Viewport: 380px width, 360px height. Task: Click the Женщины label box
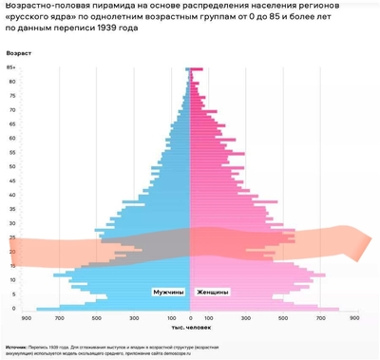click(x=213, y=292)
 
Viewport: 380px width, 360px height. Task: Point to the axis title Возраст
click(x=19, y=53)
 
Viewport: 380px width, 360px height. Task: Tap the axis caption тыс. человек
click(x=191, y=327)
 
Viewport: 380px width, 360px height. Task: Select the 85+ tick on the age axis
click(x=10, y=68)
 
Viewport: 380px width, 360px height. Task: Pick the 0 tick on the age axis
click(x=12, y=308)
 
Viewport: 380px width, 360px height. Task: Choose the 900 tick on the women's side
click(x=354, y=317)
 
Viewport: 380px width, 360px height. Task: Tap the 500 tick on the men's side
click(x=98, y=317)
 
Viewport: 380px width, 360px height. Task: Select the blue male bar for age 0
click(x=114, y=309)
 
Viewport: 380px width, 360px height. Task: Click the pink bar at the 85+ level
click(x=196, y=69)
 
